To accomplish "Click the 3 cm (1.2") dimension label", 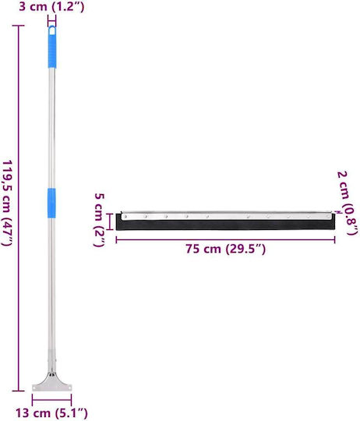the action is (x=51, y=6).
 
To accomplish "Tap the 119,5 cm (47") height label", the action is (x=7, y=203).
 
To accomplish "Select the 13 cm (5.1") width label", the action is (x=51, y=413).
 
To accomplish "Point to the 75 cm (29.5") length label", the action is (x=226, y=249).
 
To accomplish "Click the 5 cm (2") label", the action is (x=99, y=220).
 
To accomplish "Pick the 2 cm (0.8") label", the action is (x=347, y=203).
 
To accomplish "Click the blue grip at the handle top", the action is (x=52, y=47).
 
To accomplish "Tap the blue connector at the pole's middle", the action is (x=51, y=203).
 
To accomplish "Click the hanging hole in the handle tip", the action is (x=52, y=31).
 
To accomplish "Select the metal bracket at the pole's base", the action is (x=52, y=382).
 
